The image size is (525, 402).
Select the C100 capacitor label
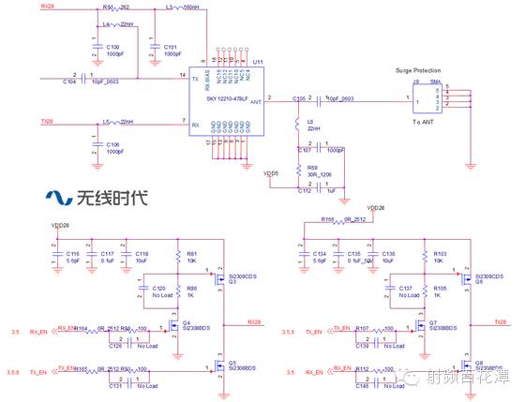tap(112, 46)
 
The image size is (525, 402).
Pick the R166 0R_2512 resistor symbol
tap(352, 221)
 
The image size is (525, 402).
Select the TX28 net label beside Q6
tap(501, 320)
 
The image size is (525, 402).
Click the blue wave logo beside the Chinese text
tap(60, 198)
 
